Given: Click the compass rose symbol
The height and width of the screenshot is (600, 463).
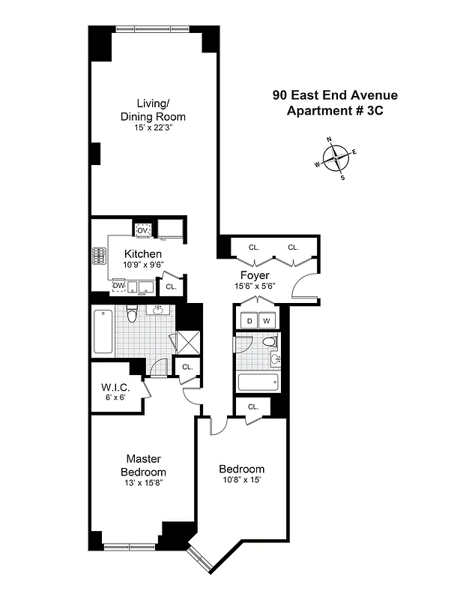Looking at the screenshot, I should pos(336,157).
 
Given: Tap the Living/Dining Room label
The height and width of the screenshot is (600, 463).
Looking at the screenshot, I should pos(153,110).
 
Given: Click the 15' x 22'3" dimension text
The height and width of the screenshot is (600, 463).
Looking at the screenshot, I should pos(153,128).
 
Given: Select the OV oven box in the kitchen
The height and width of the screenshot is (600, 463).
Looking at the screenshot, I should pos(142,229).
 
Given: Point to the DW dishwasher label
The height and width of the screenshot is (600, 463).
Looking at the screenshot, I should pos(118,286).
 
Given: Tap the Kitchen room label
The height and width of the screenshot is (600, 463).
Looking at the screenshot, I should pos(142,254).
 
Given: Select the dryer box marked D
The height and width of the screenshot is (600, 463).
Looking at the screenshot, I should pos(249,321).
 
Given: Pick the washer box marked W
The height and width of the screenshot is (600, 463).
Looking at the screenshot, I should pos(267,321).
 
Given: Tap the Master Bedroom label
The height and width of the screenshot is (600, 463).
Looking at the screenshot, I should pos(144,465).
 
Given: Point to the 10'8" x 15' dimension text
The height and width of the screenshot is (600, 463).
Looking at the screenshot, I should pos(241,481).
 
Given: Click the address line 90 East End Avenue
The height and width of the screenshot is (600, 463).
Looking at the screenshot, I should pos(333,95).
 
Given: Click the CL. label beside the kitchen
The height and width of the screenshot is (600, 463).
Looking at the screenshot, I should pos(171,286).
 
